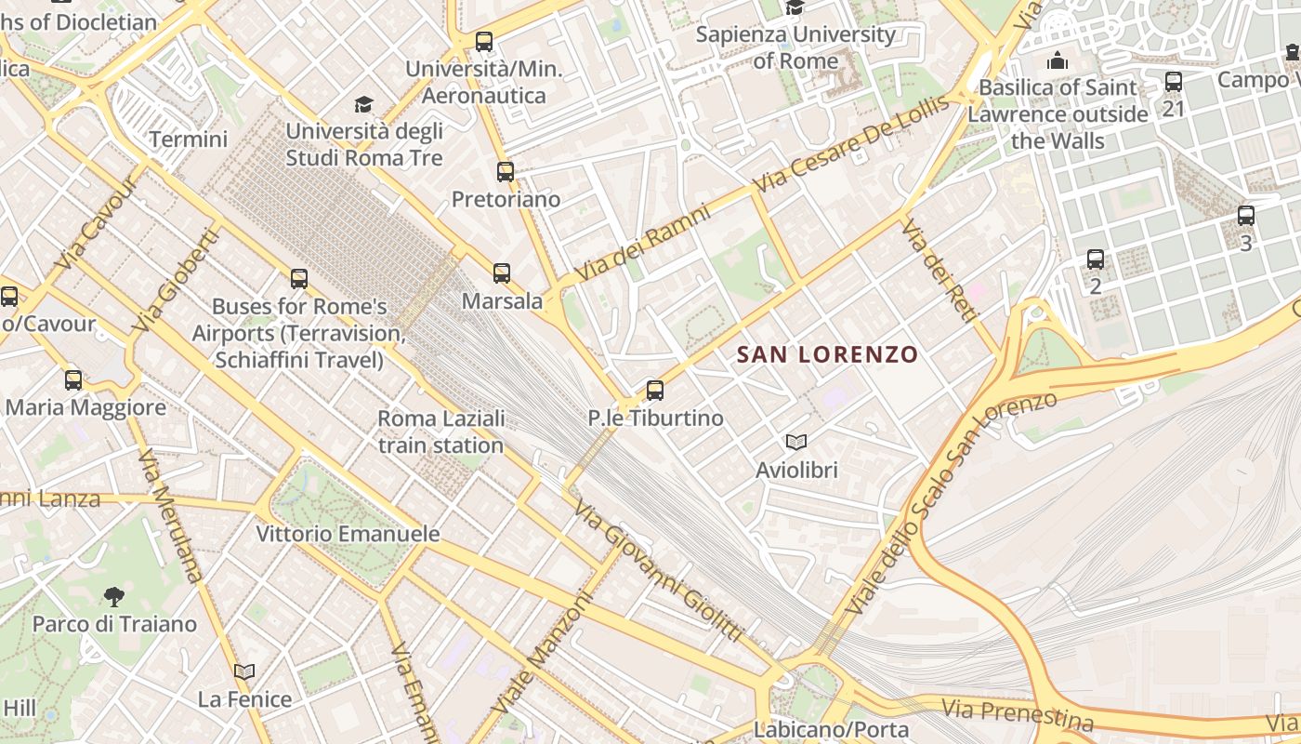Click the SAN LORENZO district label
[827, 354]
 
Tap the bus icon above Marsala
[502, 273]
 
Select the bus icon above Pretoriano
[505, 172]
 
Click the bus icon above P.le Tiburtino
[655, 391]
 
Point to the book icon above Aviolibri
[796, 442]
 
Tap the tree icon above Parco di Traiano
[114, 596]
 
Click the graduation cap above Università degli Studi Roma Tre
[363, 104]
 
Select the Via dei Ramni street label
[643, 244]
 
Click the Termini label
[188, 139]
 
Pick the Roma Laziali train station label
[441, 432]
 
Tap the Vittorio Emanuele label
[348, 534]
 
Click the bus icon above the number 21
[1174, 82]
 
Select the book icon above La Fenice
[244, 671]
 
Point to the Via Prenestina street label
[1018, 714]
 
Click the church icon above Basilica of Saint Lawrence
[1058, 61]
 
